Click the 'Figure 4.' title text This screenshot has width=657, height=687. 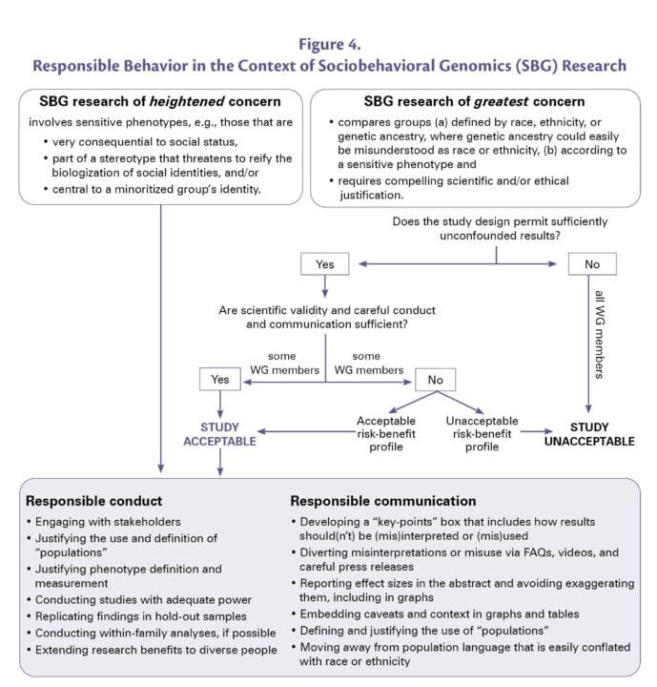328,43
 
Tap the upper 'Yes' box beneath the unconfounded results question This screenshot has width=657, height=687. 323,263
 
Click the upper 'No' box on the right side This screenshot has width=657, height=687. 592,263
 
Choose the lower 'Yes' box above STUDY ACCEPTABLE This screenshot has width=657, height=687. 219,380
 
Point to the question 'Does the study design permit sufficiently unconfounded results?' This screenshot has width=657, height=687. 496,229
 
